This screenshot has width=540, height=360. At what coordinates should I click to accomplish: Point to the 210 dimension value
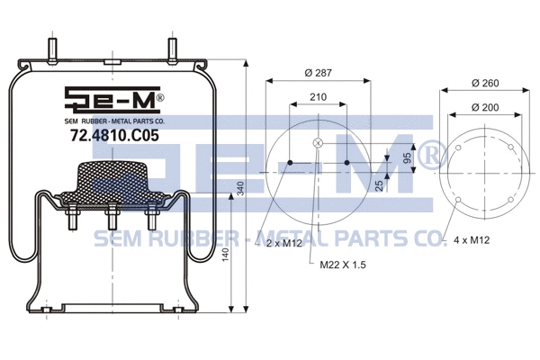(317, 98)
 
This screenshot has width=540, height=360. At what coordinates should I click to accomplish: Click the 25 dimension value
(379, 184)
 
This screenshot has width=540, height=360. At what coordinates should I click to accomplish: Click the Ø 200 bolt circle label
(484, 108)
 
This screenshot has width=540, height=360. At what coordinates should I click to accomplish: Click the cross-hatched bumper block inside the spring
(112, 181)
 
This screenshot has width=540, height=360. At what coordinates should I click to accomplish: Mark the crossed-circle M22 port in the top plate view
(317, 145)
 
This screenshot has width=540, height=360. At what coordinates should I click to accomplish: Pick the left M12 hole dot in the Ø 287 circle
(290, 163)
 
